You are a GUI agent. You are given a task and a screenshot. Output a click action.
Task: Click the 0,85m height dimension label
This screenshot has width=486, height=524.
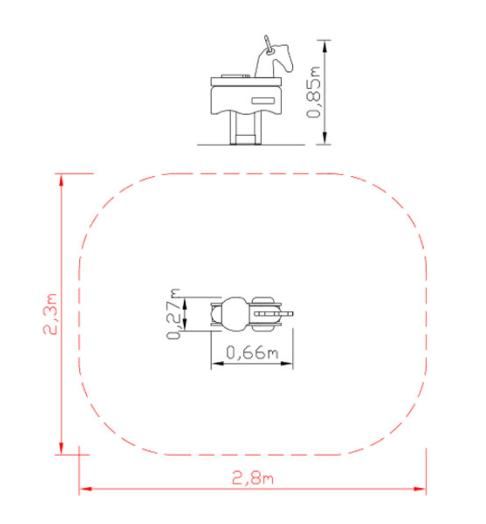[x=314, y=93]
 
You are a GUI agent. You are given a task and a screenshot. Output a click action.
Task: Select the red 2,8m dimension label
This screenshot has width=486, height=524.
[x=253, y=478]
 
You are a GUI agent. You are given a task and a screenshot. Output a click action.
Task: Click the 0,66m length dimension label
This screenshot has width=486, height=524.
[x=252, y=353]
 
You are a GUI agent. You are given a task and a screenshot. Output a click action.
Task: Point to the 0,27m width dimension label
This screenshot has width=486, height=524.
[x=173, y=314]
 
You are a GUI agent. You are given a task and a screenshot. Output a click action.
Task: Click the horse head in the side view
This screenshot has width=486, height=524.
[x=274, y=60]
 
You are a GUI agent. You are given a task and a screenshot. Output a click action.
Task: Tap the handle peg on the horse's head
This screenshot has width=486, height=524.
[x=268, y=44]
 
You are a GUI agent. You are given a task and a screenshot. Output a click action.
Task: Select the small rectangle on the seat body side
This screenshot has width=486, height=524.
[x=263, y=101]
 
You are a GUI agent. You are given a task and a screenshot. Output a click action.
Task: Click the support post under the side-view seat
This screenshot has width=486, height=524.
[x=245, y=128]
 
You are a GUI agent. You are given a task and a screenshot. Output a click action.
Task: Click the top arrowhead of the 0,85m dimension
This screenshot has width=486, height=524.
[x=324, y=46]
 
